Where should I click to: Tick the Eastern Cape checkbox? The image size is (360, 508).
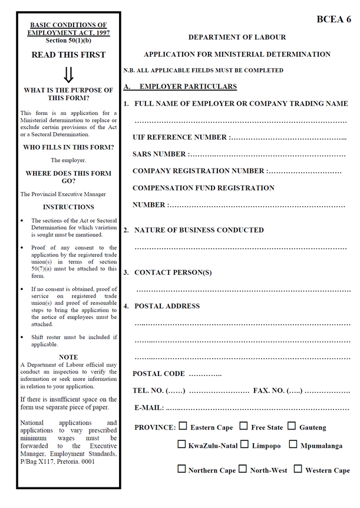pyautogui.click(x=183, y=426)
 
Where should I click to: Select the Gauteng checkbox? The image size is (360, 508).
pyautogui.click(x=292, y=426)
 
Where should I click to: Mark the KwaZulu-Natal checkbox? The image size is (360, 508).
pyautogui.click(x=181, y=445)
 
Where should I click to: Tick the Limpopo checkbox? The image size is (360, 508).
pyautogui.click(x=245, y=445)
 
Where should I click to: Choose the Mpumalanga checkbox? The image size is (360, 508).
pyautogui.click(x=293, y=445)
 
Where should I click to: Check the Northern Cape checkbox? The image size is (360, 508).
pyautogui.click(x=181, y=469)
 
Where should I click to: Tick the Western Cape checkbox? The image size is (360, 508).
pyautogui.click(x=298, y=469)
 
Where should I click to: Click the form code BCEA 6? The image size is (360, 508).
pyautogui.click(x=334, y=19)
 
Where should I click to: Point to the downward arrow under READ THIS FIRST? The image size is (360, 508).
pyautogui.click(x=68, y=75)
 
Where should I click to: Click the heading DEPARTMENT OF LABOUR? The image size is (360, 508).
pyautogui.click(x=237, y=37)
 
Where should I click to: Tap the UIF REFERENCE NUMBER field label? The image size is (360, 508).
pyautogui.click(x=180, y=137)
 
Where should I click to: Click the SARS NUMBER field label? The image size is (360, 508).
pyautogui.click(x=159, y=154)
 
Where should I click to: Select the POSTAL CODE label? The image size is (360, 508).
pyautogui.click(x=158, y=374)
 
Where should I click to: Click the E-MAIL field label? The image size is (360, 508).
pyautogui.click(x=149, y=408)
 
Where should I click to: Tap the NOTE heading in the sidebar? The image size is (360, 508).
pyautogui.click(x=68, y=357)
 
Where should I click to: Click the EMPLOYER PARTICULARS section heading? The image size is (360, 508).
pyautogui.click(x=188, y=87)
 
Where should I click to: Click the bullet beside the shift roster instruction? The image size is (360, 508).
pyautogui.click(x=23, y=337)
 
